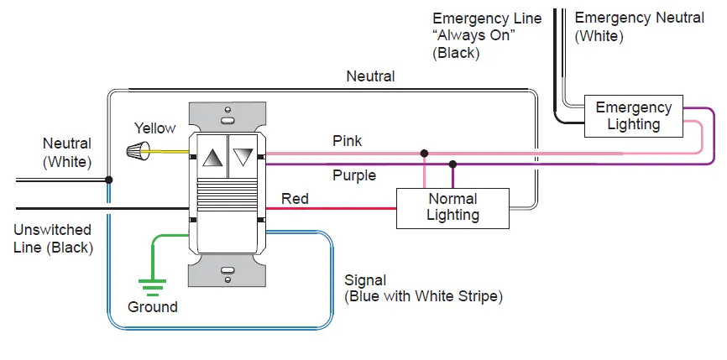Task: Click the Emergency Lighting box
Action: [x=633, y=116]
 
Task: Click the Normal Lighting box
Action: [x=452, y=207]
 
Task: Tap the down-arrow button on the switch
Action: [x=243, y=157]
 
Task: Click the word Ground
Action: [x=153, y=307]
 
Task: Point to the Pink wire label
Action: [x=348, y=141]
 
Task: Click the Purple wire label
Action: [x=354, y=175]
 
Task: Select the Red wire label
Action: [x=295, y=199]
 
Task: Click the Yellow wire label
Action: [x=155, y=128]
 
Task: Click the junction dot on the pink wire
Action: [x=425, y=154]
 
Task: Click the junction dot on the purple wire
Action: [x=452, y=164]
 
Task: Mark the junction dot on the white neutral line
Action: [x=109, y=180]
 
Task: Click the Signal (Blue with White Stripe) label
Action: [x=423, y=288]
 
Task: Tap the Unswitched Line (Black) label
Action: [x=53, y=238]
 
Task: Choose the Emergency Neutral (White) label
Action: [x=639, y=27]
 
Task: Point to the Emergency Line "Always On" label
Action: [x=487, y=35]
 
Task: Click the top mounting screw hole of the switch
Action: [x=227, y=111]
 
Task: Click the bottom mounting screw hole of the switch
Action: [x=227, y=270]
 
